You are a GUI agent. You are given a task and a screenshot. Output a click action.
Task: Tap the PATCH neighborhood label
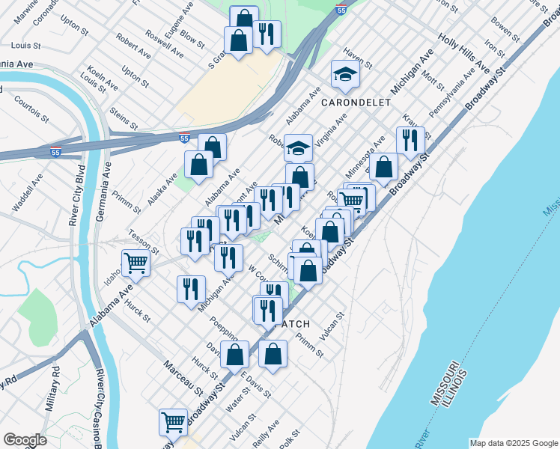[x=294, y=324]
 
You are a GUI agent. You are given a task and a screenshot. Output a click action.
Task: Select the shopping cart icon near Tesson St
[x=136, y=262]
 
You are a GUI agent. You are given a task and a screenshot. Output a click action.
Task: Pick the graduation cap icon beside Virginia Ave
[x=298, y=147]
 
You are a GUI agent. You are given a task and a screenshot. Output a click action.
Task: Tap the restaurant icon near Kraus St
[x=410, y=139]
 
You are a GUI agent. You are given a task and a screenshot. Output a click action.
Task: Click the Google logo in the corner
[x=25, y=440]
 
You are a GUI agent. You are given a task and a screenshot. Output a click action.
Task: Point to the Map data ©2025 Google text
[x=513, y=443]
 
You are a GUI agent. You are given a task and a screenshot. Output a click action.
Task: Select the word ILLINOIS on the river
[x=457, y=388]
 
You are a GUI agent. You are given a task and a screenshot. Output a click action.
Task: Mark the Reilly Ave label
[x=266, y=433]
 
